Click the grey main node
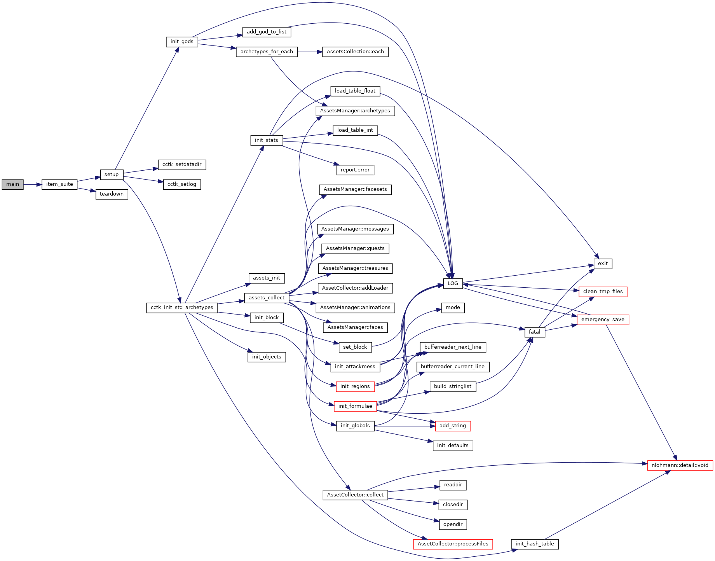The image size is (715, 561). coord(12,184)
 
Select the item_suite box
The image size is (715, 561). coord(59,184)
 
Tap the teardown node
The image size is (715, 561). coord(112,194)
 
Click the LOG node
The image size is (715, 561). coord(453,283)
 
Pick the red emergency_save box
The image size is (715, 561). coord(602,320)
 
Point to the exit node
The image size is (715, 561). coord(603,264)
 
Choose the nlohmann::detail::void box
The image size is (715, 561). coord(680,465)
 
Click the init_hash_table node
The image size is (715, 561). coord(534,544)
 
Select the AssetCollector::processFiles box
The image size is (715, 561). coord(453,544)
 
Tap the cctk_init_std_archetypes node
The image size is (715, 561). coord(182,308)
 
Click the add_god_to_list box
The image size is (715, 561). coord(267,32)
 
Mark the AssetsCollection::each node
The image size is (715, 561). coord(355,52)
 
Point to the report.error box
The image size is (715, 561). coord(355,170)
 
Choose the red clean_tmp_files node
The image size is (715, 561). coord(603,292)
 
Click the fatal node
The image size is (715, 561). coord(534,332)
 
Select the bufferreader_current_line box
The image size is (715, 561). coord(452,367)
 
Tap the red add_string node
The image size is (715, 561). coord(452,426)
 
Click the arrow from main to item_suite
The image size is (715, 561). coord(33,184)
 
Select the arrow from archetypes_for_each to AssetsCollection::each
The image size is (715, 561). coord(310,52)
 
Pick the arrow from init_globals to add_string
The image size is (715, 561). coord(404,426)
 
